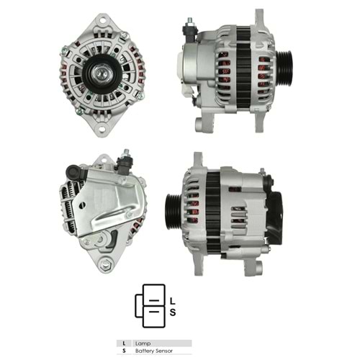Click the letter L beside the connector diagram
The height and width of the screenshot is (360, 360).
(173, 301)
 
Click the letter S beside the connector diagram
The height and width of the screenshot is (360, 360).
(173, 312)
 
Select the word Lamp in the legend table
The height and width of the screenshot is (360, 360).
(143, 343)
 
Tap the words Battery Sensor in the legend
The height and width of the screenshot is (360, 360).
(154, 351)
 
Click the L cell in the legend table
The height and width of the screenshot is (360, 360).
(124, 343)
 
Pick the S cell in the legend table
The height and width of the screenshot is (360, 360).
(124, 351)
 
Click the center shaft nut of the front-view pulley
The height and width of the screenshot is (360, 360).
(99, 73)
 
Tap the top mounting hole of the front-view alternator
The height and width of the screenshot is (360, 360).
(102, 20)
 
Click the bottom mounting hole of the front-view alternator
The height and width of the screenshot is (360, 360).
(102, 129)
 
